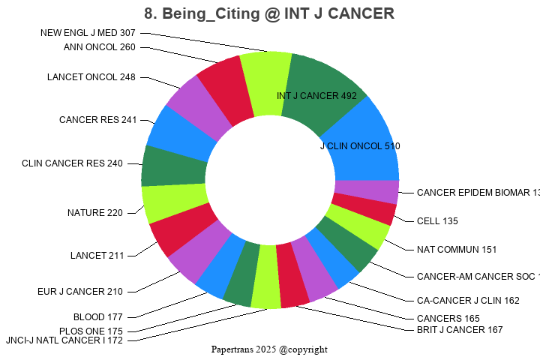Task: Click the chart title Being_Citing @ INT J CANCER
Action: [269, 13]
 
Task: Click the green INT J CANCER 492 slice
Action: [319, 90]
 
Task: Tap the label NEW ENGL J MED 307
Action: [88, 33]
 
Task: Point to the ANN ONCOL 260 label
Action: [100, 47]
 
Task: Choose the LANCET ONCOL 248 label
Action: [91, 77]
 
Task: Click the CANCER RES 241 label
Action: [97, 120]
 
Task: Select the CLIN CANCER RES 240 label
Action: [72, 163]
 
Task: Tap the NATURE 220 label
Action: [94, 213]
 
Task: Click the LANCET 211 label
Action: [97, 256]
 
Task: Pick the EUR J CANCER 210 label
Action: [80, 291]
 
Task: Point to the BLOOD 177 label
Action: [97, 317]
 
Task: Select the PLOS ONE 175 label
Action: [91, 331]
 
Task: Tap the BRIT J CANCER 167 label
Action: [460, 329]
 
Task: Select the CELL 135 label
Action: [437, 221]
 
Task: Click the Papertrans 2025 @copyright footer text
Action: [269, 349]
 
